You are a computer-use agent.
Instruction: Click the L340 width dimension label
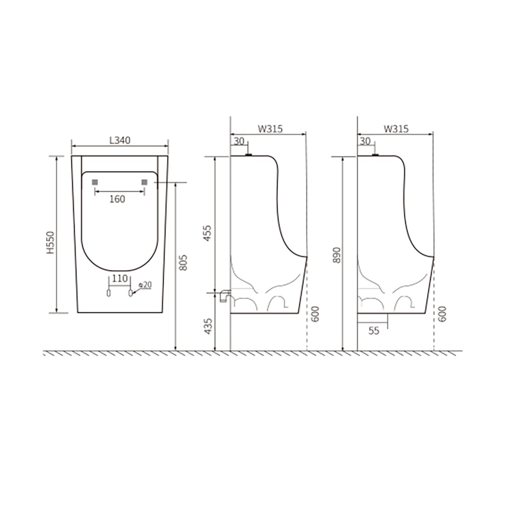pos(120,140)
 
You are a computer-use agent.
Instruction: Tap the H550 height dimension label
pos(51,242)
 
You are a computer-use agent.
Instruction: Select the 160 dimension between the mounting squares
pos(117,199)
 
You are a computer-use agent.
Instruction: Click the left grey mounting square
pos(95,182)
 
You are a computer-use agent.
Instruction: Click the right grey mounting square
pos(145,182)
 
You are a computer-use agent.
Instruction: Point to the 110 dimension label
pos(119,278)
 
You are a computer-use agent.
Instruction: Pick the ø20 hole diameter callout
pos(145,285)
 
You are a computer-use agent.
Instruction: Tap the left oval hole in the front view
pos(109,293)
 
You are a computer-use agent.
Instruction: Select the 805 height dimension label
pos(183,263)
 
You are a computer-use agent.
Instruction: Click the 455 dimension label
pos(207,234)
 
